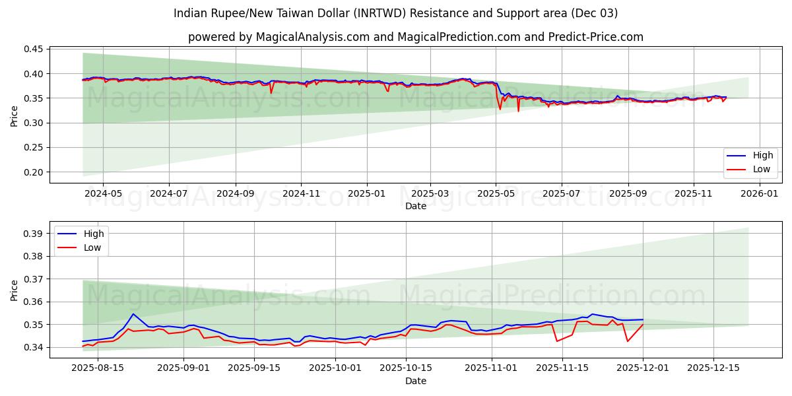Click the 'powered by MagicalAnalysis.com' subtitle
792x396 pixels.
point(415,37)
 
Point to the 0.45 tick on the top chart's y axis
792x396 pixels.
point(33,49)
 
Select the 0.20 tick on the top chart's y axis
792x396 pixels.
point(33,172)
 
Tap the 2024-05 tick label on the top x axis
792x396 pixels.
point(104,194)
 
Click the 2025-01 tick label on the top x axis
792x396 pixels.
point(366,194)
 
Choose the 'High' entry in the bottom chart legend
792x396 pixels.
point(94,234)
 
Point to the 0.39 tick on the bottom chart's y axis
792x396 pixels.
point(33,234)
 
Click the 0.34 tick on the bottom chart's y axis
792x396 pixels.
point(33,347)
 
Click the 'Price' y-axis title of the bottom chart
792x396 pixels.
point(15,290)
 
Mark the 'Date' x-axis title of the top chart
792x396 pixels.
point(416,206)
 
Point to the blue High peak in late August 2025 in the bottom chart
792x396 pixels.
point(133,313)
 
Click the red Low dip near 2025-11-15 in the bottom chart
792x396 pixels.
point(557,341)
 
